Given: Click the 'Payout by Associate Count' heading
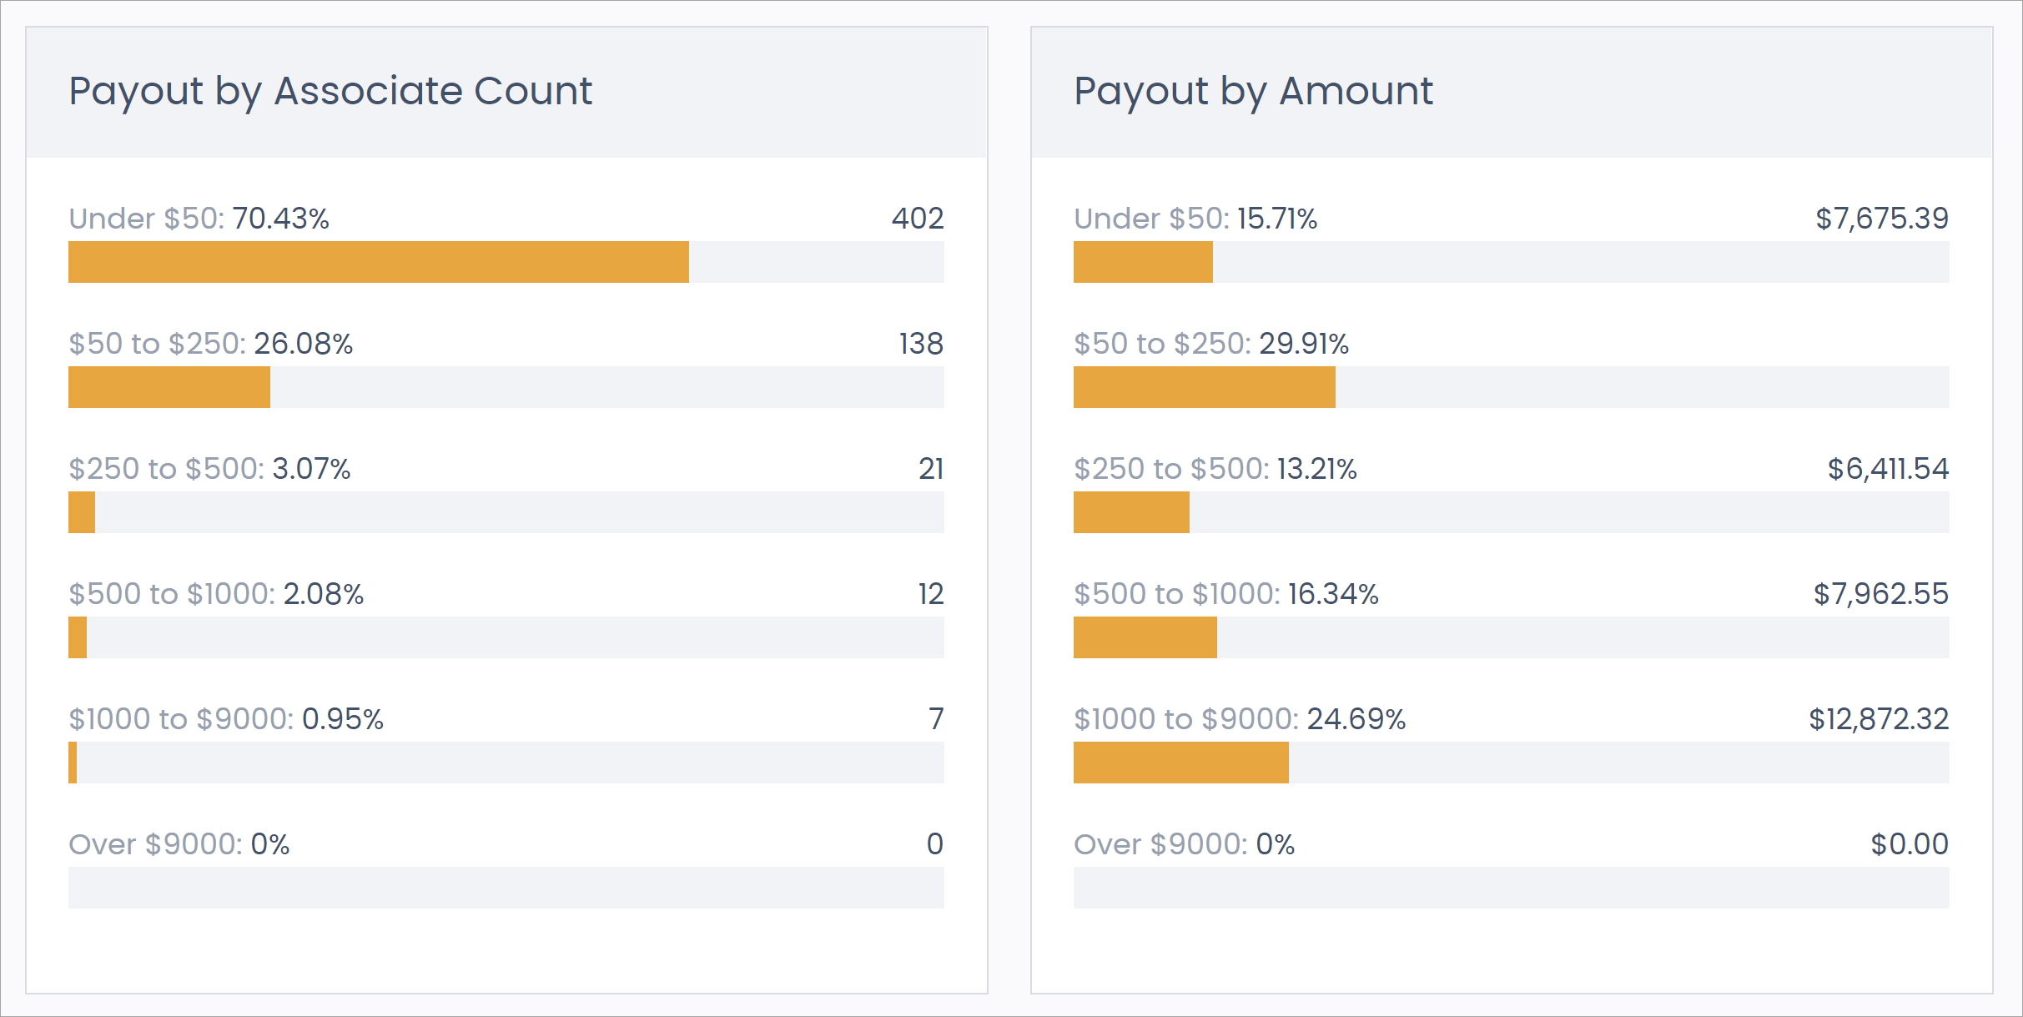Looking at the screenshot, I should tap(330, 91).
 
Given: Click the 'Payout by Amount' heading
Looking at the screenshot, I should tap(1253, 91).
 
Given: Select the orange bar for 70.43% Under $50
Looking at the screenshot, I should tap(379, 262).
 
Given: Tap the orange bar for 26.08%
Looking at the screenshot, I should tap(169, 387).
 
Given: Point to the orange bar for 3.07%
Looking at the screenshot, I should tap(82, 512).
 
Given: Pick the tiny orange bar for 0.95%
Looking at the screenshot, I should tap(73, 763).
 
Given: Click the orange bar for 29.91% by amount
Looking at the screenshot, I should tap(1204, 387).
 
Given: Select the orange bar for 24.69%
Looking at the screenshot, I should tap(1180, 763).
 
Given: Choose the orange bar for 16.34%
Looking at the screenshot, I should tap(1145, 637).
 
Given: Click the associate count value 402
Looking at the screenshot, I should tap(918, 219).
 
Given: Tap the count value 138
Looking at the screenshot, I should tap(921, 344).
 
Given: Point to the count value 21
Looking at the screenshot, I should tap(931, 469).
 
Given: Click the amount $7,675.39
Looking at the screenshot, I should tap(1882, 219).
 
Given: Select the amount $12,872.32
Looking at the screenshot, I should tap(1879, 719).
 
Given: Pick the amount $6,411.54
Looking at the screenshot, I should tap(1888, 469).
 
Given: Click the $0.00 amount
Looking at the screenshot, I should tap(1910, 844).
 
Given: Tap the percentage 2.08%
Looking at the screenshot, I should tap(324, 594).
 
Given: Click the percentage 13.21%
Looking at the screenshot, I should tap(1317, 469).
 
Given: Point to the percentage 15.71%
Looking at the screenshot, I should tap(1277, 219).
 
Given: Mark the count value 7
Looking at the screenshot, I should tap(936, 719).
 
